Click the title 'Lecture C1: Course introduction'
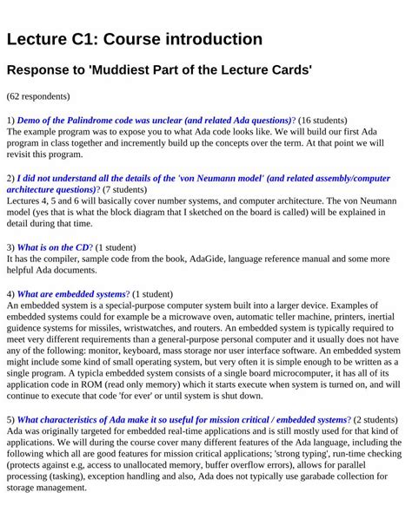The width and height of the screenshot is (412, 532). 134,39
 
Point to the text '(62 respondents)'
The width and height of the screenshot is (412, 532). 38,96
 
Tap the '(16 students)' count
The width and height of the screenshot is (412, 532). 322,120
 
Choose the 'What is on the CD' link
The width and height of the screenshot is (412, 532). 54,247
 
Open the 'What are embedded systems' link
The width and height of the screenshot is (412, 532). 71,294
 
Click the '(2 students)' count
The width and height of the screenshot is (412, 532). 375,420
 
